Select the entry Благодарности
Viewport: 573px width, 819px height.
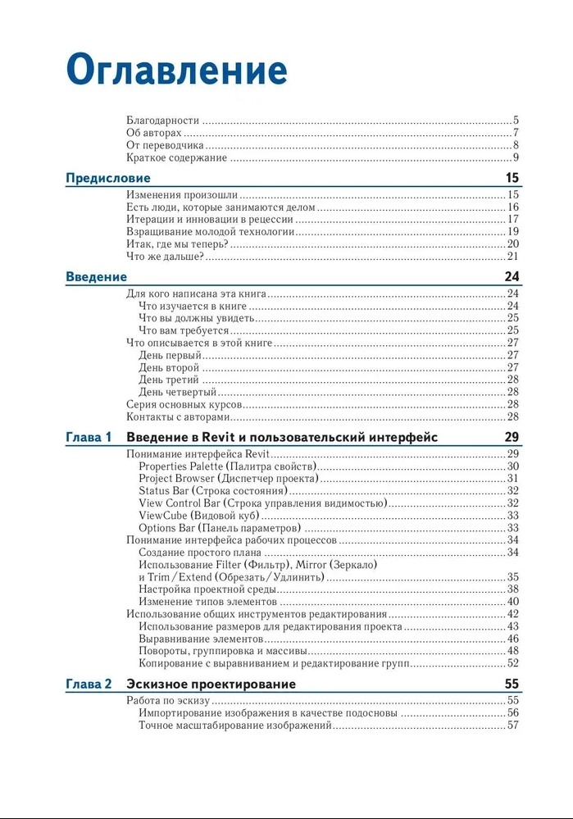click(x=163, y=121)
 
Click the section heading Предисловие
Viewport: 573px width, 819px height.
click(x=107, y=178)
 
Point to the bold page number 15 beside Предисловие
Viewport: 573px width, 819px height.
click(x=512, y=178)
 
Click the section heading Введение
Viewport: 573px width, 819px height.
click(x=96, y=277)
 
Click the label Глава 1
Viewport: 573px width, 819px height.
click(x=88, y=438)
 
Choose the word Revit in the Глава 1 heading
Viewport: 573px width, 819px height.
click(x=222, y=438)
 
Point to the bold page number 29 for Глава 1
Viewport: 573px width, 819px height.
click(x=512, y=438)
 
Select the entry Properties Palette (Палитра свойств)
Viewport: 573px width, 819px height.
click(x=227, y=466)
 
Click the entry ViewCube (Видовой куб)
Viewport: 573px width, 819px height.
click(x=198, y=516)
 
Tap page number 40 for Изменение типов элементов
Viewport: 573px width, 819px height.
click(x=513, y=602)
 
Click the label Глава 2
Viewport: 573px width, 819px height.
click(x=88, y=684)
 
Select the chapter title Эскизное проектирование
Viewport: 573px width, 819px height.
click(x=211, y=684)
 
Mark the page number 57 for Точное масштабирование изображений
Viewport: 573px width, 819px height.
click(x=513, y=725)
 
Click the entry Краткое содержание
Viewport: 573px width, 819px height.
click(x=176, y=157)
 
